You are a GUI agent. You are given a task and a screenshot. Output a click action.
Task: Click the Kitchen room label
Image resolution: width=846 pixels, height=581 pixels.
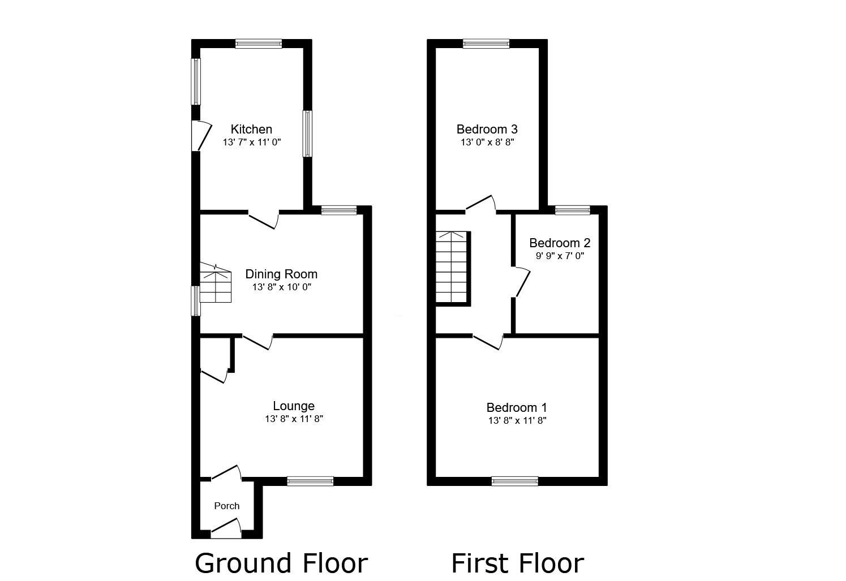[x=251, y=130]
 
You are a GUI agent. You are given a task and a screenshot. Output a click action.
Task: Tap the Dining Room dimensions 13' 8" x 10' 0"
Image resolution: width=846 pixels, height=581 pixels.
[x=281, y=287]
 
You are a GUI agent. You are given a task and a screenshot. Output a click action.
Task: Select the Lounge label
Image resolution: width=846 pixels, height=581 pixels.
[x=293, y=406]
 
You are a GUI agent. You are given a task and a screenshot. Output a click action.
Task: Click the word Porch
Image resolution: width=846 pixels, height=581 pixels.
[x=226, y=506]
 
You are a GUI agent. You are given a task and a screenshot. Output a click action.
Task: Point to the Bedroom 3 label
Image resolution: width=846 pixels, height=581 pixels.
[x=487, y=130]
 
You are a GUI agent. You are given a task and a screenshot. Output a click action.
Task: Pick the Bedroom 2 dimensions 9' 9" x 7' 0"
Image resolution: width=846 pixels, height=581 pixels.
[x=560, y=256]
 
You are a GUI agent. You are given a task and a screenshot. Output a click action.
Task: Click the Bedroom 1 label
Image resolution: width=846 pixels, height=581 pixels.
[x=517, y=407]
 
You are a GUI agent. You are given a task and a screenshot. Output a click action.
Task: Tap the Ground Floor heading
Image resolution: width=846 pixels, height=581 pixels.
[x=281, y=563]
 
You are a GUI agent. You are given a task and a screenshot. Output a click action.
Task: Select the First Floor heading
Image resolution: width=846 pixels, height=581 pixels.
[x=517, y=563]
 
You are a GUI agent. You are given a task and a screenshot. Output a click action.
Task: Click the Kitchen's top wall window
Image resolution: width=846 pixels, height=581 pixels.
[x=259, y=44]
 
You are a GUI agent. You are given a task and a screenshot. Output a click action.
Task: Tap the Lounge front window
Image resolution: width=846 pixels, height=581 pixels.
[x=310, y=481]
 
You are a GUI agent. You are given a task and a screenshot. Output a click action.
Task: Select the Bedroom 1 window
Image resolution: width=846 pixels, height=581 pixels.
[x=514, y=481]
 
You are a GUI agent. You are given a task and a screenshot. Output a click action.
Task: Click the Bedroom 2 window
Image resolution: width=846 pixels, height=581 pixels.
[x=573, y=210]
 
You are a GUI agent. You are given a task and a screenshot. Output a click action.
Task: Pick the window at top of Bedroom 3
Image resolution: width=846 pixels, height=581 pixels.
[x=486, y=44]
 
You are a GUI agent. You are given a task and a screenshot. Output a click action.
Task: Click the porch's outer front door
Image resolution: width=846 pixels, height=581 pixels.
[x=226, y=531]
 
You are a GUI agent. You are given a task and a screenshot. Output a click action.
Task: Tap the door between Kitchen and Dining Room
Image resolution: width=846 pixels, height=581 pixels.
[x=264, y=219]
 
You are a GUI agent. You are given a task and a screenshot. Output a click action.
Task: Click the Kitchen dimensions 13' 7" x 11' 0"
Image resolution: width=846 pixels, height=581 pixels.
[x=252, y=143]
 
